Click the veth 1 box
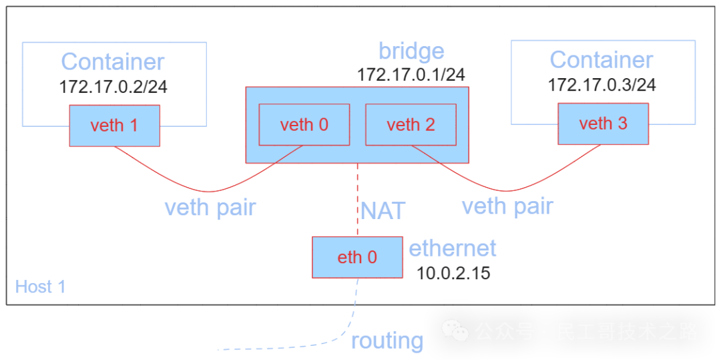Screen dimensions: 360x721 (115, 125)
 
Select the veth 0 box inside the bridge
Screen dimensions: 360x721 (304, 125)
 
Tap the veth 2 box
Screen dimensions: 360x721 (411, 125)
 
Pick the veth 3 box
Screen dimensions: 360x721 (603, 124)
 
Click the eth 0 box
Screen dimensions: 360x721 (357, 257)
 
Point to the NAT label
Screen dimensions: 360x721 (383, 211)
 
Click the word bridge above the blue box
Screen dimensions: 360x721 (411, 51)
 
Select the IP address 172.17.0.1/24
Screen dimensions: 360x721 (411, 74)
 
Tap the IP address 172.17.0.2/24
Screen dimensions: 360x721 (113, 87)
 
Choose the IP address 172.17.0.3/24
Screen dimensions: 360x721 (602, 85)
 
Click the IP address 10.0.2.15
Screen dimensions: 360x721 (453, 273)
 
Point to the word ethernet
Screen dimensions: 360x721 (453, 248)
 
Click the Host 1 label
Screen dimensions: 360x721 (40, 287)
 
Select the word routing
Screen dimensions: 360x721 (387, 341)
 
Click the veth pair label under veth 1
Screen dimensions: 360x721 (210, 208)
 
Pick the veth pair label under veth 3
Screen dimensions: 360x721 (507, 206)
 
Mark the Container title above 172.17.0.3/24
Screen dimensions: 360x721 (601, 59)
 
